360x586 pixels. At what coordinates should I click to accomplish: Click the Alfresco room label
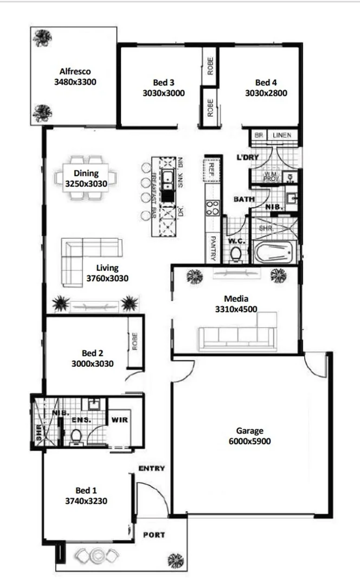(x=75, y=71)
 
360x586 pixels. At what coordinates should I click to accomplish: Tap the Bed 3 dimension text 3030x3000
(x=164, y=93)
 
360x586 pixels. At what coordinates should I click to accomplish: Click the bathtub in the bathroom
(x=274, y=253)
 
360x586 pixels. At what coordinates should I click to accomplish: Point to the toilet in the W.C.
(x=236, y=253)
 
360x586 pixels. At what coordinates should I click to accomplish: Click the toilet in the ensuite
(x=76, y=435)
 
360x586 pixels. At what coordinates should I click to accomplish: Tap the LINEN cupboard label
(x=282, y=135)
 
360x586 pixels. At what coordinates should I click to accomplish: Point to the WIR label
(x=119, y=419)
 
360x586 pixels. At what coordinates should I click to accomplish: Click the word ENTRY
(x=152, y=468)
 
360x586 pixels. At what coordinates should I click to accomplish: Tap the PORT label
(x=153, y=535)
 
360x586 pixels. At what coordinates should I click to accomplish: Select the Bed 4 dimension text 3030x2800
(x=266, y=93)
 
